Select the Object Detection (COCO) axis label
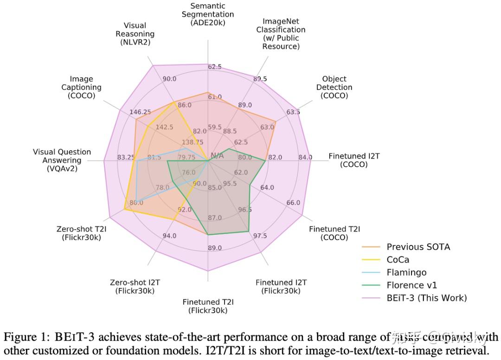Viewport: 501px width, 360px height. coord(334,87)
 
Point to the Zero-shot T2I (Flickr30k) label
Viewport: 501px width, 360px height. coord(81,233)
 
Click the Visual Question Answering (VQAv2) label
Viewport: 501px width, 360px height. coord(62,160)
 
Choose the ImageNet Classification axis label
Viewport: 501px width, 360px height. coord(281,34)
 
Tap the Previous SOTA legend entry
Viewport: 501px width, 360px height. coord(418,247)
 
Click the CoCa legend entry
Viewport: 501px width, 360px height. coord(398,260)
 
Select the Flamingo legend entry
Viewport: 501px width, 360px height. coord(406,272)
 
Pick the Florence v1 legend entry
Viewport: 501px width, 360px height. coord(411,285)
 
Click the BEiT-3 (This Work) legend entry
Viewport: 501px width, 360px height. coord(426,297)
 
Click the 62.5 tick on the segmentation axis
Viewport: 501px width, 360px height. coord(215,67)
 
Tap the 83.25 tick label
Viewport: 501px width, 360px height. coord(126,157)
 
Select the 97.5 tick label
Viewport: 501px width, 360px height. coord(260,236)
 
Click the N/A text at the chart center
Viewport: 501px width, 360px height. coord(217,155)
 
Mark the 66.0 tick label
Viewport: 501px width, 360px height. coord(293,203)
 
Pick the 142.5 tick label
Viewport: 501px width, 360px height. coord(164,127)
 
